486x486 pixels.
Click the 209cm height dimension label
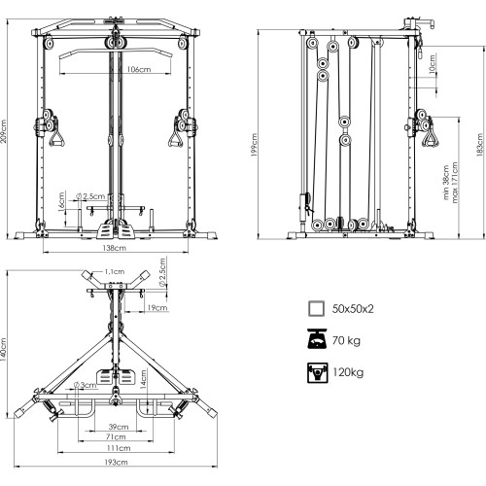point(4,131)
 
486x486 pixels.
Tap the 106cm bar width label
point(139,69)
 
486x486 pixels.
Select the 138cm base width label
point(114,248)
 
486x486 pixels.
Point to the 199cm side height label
point(254,145)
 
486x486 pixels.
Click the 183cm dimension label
point(479,145)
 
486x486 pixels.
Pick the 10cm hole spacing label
point(432,64)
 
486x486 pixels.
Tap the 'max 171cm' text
point(455,183)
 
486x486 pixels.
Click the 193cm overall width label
point(116,462)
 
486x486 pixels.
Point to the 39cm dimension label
point(119,427)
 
